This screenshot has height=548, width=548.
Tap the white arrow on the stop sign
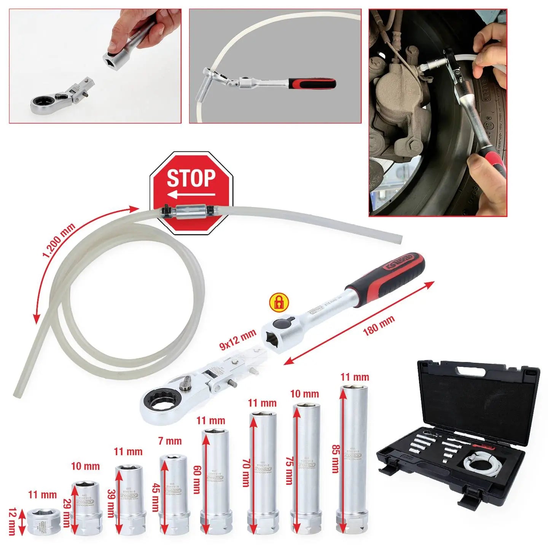coord(191,195)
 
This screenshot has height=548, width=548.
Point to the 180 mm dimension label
coord(379,325)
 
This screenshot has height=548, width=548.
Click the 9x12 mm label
coord(238,339)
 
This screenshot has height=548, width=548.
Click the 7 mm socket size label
coord(170,441)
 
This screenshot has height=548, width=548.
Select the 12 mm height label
coord(11,521)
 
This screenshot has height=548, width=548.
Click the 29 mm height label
coord(66,513)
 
